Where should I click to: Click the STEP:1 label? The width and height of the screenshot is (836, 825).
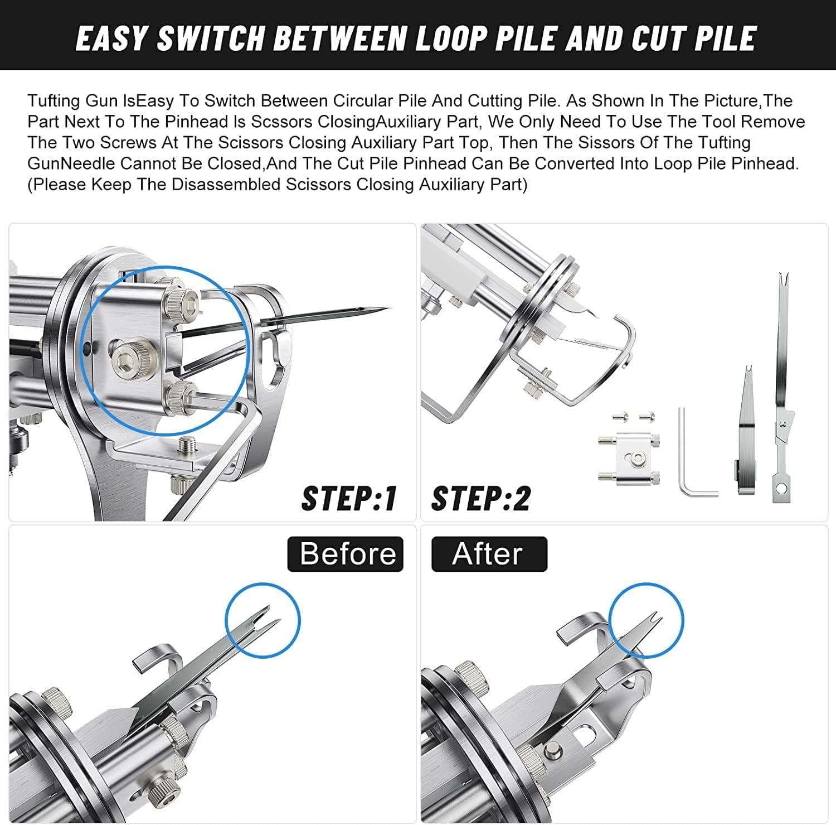point(349,498)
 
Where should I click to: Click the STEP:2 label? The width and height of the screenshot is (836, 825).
point(481,498)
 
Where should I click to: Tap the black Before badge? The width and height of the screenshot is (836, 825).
point(345,554)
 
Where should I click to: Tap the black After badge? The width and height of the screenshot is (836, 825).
point(489,554)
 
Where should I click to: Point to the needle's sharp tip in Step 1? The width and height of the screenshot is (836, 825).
point(391,308)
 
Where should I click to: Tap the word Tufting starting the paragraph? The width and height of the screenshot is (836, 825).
point(54,101)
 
